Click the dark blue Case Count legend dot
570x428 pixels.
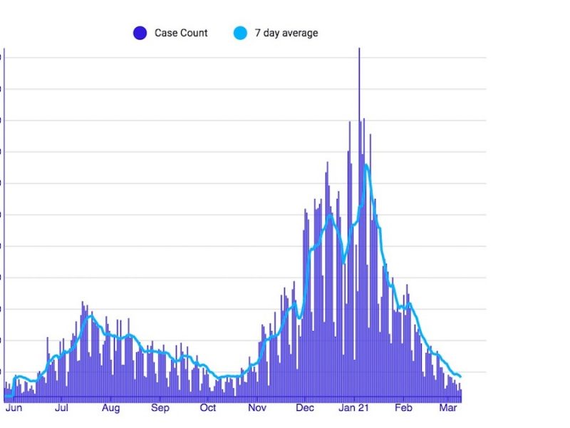click(140, 33)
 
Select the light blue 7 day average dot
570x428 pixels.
click(240, 33)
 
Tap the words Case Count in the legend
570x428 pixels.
click(181, 33)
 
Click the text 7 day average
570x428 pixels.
click(286, 33)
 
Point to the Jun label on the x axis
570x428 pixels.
click(13, 409)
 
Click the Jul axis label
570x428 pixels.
click(61, 409)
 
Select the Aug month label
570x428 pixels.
click(110, 409)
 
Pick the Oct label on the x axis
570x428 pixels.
click(208, 409)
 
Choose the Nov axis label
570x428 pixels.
click(257, 409)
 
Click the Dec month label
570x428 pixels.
click(305, 409)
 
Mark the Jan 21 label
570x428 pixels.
click(354, 409)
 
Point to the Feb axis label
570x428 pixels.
click(403, 409)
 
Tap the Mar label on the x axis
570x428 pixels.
click(448, 409)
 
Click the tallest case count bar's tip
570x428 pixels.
click(359, 49)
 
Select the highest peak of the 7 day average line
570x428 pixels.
click(366, 165)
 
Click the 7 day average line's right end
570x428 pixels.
click(460, 377)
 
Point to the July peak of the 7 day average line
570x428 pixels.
click(90, 315)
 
